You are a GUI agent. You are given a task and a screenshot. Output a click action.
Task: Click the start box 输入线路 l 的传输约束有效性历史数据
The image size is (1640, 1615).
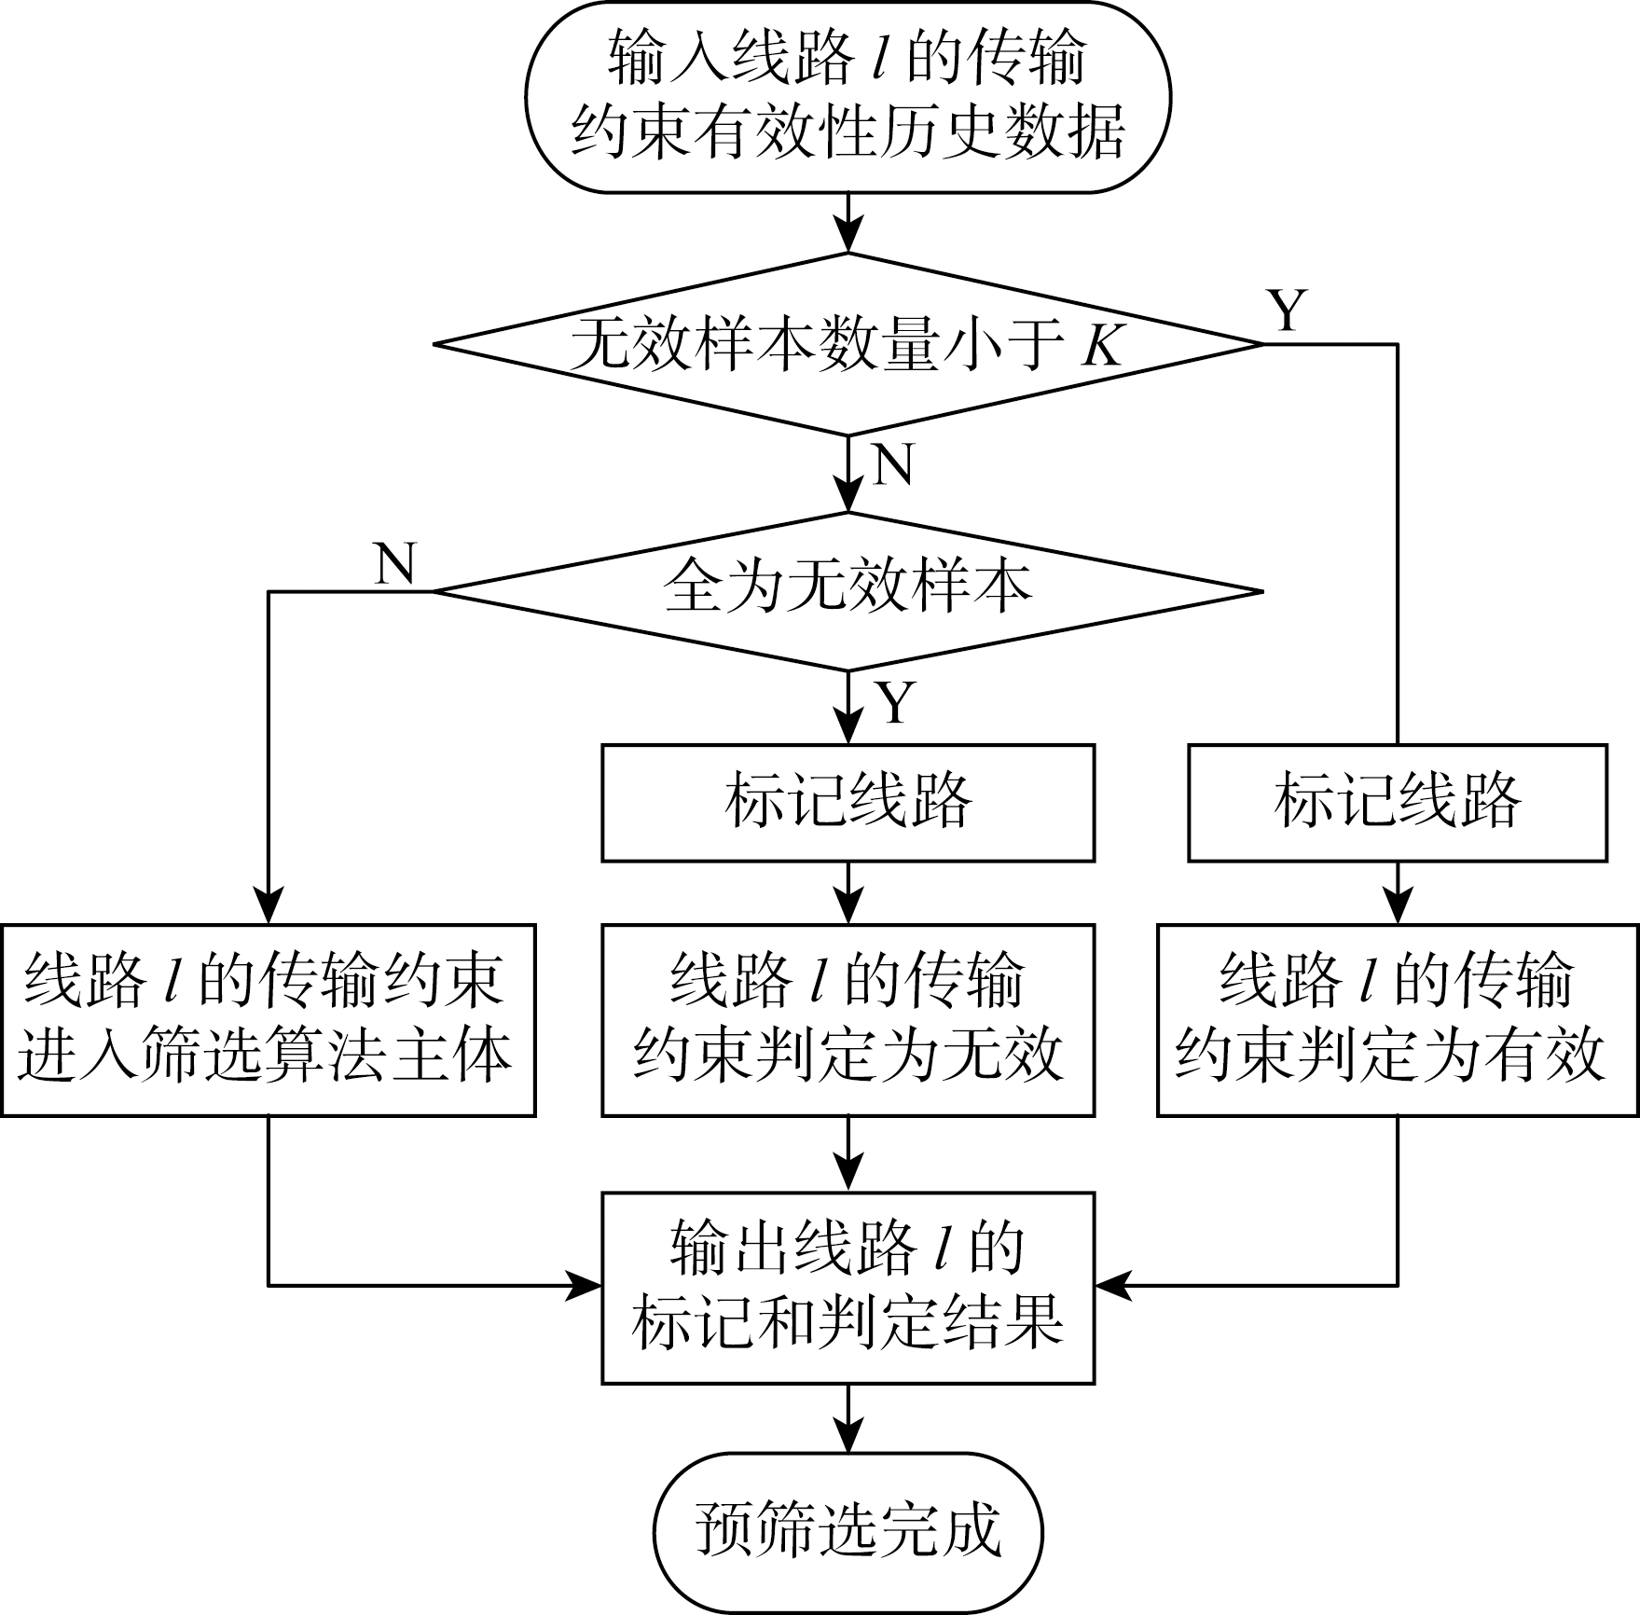click(x=848, y=97)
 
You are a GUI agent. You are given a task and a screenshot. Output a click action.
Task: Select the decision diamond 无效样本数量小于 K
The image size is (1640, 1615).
click(x=848, y=344)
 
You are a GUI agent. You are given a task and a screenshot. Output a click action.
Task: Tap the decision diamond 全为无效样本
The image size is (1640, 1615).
click(x=848, y=590)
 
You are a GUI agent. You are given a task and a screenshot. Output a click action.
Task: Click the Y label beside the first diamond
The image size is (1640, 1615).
click(x=1287, y=311)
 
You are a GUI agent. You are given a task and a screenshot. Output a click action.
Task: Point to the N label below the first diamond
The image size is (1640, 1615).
click(x=893, y=463)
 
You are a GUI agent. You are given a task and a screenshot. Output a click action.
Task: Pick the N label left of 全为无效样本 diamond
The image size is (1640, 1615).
click(x=394, y=563)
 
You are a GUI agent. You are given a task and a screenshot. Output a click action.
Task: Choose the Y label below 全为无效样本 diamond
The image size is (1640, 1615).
click(x=895, y=702)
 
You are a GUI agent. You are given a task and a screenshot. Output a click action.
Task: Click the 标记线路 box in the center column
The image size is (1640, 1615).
click(x=848, y=802)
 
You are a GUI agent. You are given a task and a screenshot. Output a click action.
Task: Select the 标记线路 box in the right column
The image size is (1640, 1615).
click(x=1397, y=802)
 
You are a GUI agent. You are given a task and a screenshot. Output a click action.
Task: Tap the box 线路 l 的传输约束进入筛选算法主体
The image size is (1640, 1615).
click(x=268, y=1019)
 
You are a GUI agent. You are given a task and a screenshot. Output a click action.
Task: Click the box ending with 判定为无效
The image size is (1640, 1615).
click(x=848, y=1019)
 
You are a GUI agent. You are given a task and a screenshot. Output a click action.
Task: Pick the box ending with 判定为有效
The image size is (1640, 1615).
click(x=1397, y=1019)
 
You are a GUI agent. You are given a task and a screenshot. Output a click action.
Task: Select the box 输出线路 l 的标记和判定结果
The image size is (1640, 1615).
click(x=848, y=1287)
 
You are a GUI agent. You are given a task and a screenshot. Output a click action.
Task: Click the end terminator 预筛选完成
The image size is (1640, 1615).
click(x=848, y=1532)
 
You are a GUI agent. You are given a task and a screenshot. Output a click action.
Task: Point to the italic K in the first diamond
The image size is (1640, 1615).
click(x=1101, y=347)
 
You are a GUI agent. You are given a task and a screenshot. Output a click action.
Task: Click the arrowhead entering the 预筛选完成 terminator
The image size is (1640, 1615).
click(x=848, y=1437)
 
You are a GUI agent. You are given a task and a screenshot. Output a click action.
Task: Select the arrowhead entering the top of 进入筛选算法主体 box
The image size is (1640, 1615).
click(x=269, y=907)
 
